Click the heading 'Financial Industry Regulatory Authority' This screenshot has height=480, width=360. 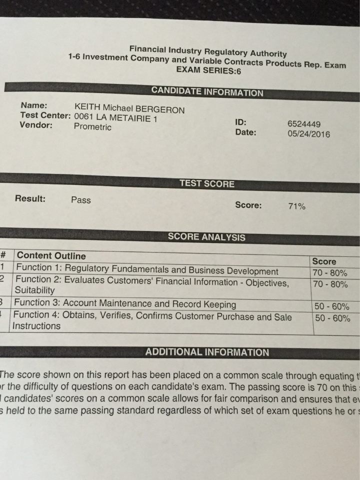pos(208,51)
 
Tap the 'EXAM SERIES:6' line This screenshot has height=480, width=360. pos(208,70)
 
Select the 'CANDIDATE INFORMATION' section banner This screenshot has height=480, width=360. pos(207,92)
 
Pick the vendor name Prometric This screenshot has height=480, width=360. pos(92,126)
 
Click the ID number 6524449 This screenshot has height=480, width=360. pos(304,124)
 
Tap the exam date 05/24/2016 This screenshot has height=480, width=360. pos(308,134)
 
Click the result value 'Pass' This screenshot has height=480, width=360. pos(81,200)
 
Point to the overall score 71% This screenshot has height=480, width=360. pos(296,206)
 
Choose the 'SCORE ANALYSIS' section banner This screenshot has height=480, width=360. pos(206,237)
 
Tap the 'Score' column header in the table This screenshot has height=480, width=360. pos(324,261)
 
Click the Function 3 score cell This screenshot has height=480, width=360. pos(331,306)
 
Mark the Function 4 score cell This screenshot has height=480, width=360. pos(332,318)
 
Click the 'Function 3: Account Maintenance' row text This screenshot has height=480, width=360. pos(125,303)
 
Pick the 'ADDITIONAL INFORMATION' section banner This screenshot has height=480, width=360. pos(207,352)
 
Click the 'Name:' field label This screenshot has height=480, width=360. pos(34,105)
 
